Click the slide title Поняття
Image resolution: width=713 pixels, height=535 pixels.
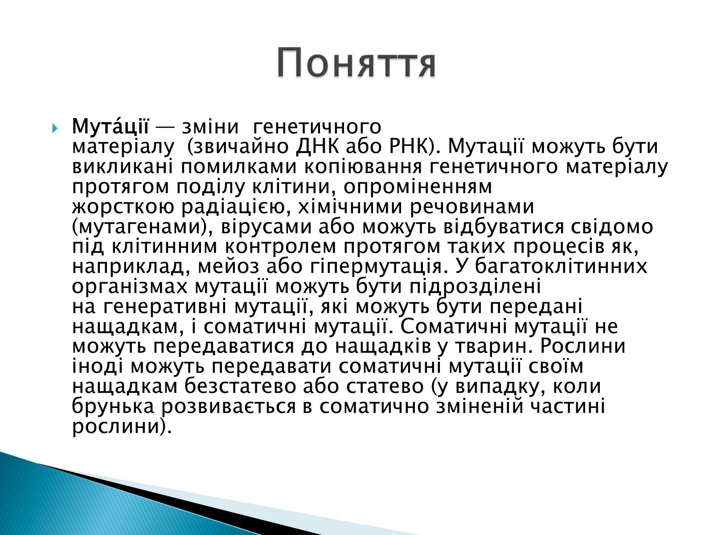356,63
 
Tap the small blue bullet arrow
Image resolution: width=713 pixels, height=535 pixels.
54,129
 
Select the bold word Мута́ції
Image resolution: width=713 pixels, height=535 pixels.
110,127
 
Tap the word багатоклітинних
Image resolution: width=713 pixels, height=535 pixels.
561,267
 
